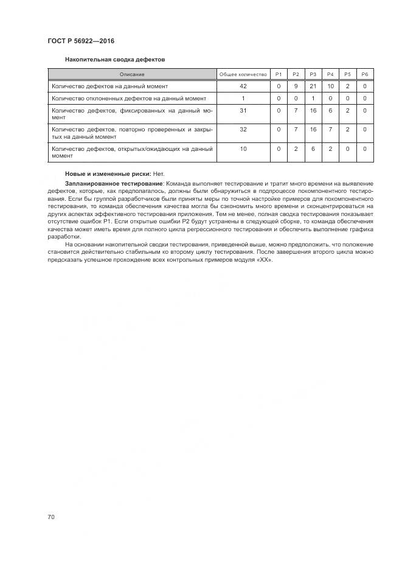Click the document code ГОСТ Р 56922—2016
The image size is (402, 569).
coord(81,41)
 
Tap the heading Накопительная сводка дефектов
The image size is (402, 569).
coord(115,60)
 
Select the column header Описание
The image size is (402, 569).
coord(132,74)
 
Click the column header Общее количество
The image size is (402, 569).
coord(243,74)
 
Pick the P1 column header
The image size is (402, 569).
coord(279,74)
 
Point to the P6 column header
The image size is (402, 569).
coord(365,74)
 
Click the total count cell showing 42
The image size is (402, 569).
coord(243,86)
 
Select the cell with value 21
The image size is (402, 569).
coord(313,86)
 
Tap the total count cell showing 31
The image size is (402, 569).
coord(243,110)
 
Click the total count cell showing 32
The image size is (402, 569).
coord(243,129)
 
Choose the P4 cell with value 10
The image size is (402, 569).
coord(330,86)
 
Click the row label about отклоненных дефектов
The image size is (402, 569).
coord(129,98)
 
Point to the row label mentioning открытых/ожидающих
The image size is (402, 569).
coord(132,152)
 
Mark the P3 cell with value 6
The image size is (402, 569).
coord(313,148)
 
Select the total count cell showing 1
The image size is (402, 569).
coord(243,98)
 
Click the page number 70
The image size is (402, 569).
coord(51,517)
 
